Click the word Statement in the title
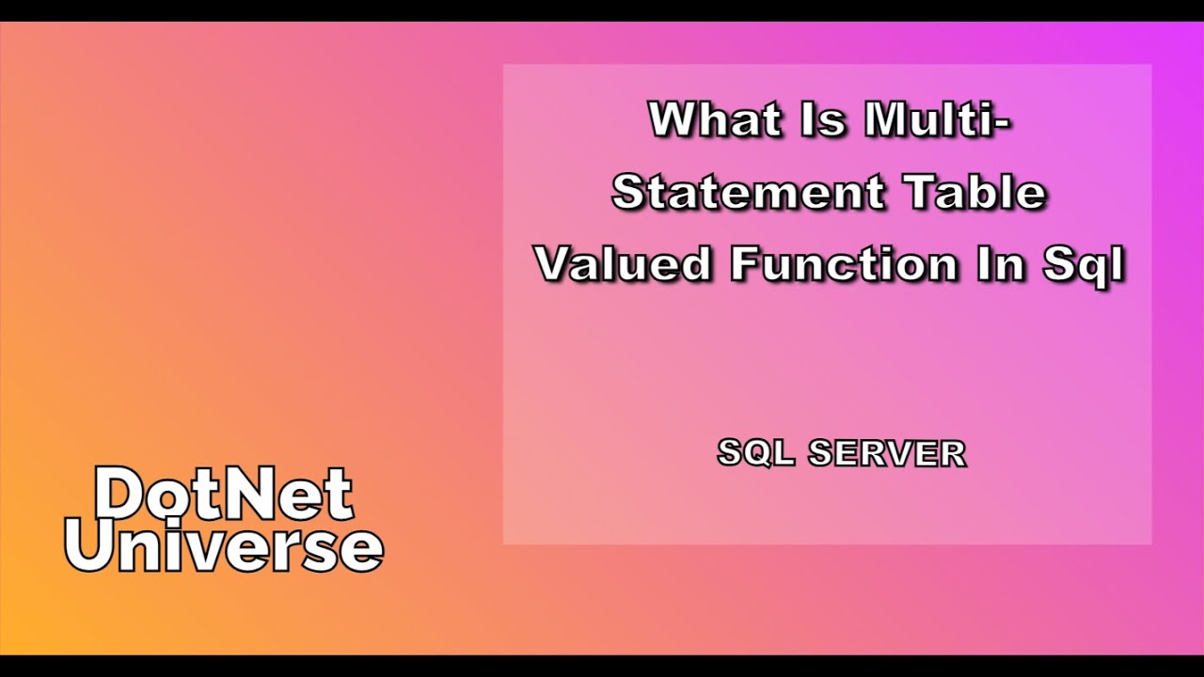click(749, 193)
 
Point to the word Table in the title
click(975, 193)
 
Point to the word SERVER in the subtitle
click(887, 453)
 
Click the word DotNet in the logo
click(224, 495)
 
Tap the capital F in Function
click(745, 264)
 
